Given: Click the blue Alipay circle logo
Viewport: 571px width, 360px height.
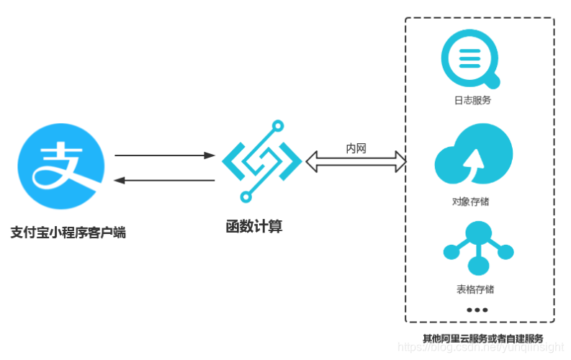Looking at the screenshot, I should (60, 167).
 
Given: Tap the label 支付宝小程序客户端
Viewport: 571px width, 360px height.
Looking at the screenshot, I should (69, 233).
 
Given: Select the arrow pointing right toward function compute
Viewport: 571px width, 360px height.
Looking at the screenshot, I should (165, 155).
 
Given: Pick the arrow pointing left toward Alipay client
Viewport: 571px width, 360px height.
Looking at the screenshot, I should (165, 180).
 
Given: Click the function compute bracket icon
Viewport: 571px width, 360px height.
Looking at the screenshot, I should (261, 160).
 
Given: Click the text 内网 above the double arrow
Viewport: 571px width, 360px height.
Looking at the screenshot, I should (356, 148).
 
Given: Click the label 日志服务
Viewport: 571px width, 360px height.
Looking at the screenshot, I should (472, 101).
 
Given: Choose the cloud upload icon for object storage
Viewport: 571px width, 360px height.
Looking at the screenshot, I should (473, 157).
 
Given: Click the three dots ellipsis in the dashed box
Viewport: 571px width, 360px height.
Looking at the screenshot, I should (477, 310).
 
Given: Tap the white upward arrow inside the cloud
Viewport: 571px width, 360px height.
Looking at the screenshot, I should (473, 162).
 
